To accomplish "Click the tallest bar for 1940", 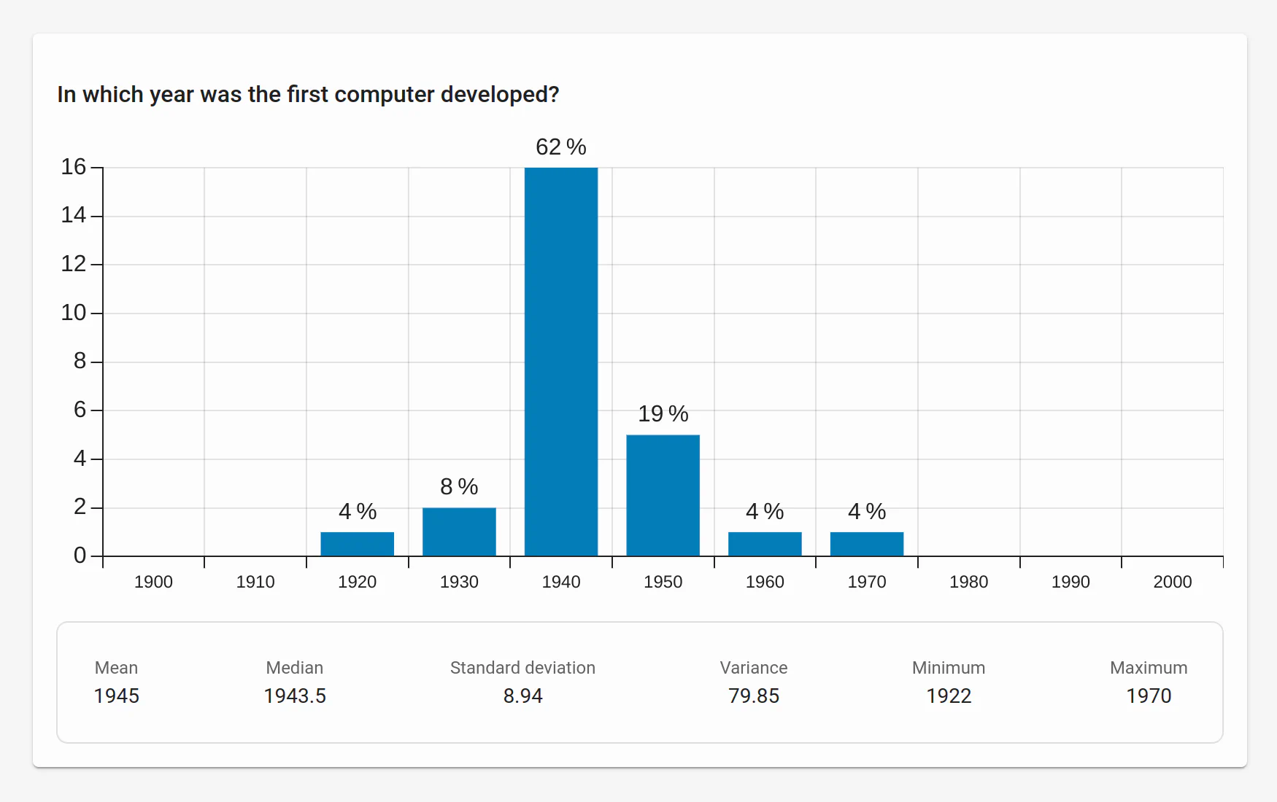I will [x=560, y=362].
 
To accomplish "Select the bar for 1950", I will [x=663, y=495].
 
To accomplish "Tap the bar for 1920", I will [x=357, y=544].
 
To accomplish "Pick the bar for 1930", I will [x=459, y=532].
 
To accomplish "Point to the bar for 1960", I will [x=765, y=544].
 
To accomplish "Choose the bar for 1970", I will [x=866, y=544].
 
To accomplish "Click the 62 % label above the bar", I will [x=560, y=147].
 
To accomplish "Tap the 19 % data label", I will [x=663, y=414].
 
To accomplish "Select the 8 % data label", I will [x=459, y=487].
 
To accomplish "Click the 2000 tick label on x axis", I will [x=1172, y=582].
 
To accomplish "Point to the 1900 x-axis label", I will [x=153, y=582].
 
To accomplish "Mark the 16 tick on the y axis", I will [x=74, y=167].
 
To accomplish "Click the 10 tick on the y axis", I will [x=74, y=313].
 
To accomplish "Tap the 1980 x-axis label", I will [x=968, y=582].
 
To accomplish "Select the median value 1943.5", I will [x=295, y=696].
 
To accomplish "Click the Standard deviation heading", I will [x=522, y=668].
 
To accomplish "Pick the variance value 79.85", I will [x=754, y=696].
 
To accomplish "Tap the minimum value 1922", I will [x=949, y=696].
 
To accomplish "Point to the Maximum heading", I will [x=1149, y=668].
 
